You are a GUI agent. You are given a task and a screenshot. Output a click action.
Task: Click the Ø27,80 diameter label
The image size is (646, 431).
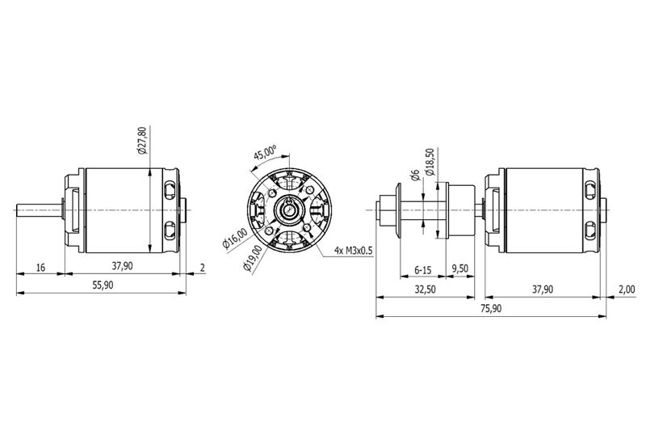[x=142, y=141]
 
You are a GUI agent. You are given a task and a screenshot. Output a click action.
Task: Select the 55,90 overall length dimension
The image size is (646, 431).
[x=103, y=285]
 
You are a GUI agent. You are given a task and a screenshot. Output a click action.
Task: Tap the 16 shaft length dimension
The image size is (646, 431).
[x=40, y=268]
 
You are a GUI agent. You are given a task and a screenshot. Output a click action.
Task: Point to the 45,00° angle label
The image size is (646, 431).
[x=265, y=154]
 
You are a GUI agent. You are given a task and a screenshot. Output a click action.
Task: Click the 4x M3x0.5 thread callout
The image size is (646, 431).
[x=354, y=251]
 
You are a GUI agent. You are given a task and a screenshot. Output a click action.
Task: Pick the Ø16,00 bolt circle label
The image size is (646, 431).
[x=235, y=239]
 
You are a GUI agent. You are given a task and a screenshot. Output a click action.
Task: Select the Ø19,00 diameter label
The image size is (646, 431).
[x=253, y=259]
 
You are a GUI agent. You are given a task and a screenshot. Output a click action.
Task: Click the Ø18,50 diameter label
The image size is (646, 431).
[x=430, y=162]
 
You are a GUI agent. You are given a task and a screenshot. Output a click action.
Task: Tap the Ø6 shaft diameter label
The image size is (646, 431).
[x=415, y=175]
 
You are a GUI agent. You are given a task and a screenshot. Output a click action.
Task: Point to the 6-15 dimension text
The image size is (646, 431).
[x=422, y=270]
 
